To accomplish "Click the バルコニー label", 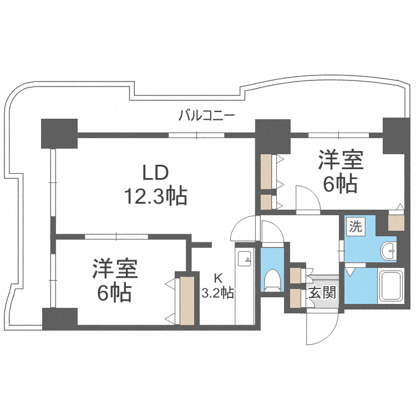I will point(206,116).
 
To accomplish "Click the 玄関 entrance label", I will point(322,292).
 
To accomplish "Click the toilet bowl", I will point(272,278).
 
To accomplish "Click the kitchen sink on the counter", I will point(245,258).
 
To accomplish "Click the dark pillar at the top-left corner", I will point(59,133).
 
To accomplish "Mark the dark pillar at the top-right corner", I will point(395,135).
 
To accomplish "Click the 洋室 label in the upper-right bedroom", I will point(340,160).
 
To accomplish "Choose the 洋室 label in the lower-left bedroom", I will point(115,269).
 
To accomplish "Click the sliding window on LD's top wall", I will point(196,134).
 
